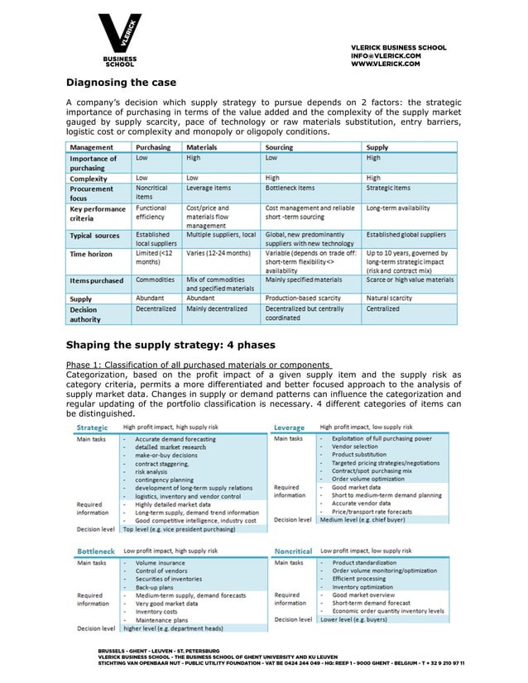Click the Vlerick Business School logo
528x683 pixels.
(x=123, y=41)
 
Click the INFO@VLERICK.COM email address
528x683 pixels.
(x=386, y=55)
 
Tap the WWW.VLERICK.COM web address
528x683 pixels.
(x=386, y=64)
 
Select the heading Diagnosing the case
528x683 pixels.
(x=121, y=83)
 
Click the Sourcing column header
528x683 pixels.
(x=279, y=147)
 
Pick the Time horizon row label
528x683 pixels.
(x=91, y=254)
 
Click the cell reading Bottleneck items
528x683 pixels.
(x=290, y=189)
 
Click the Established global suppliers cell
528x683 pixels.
(x=406, y=235)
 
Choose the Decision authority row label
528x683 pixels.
(x=86, y=313)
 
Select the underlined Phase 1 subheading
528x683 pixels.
(x=198, y=365)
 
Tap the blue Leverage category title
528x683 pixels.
(x=289, y=427)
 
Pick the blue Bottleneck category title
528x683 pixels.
(x=95, y=550)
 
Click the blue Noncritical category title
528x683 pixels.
(x=293, y=550)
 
